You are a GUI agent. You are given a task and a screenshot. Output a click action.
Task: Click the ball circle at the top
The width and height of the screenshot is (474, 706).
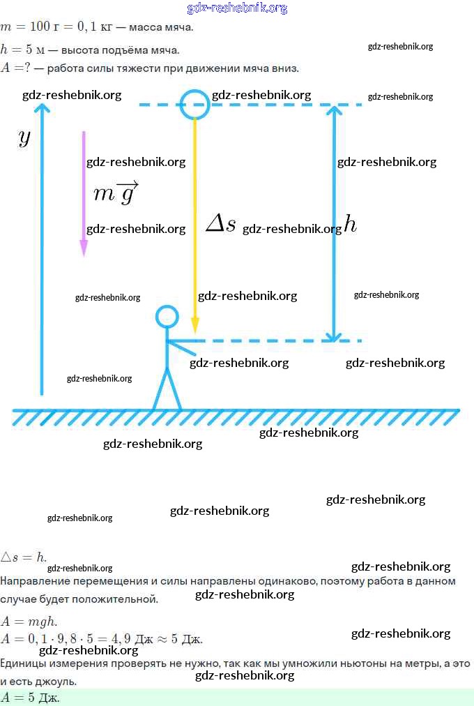pyautogui.click(x=181, y=105)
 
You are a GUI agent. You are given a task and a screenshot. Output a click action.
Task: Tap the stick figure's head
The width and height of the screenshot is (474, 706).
pyautogui.click(x=156, y=317)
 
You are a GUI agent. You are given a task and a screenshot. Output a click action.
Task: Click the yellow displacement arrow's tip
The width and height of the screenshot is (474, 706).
pyautogui.click(x=194, y=332)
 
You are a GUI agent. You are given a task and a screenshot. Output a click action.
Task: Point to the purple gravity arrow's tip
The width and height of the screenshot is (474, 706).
pyautogui.click(x=84, y=256)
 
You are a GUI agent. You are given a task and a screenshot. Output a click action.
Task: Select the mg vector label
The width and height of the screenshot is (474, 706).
pyautogui.click(x=116, y=193)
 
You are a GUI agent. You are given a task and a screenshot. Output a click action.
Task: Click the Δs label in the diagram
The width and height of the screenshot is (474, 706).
pyautogui.click(x=220, y=223)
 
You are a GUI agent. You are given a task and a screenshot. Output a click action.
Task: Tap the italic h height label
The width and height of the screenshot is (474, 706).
pyautogui.click(x=351, y=224)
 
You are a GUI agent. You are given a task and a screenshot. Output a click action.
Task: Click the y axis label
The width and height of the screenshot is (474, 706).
pyautogui.click(x=24, y=137)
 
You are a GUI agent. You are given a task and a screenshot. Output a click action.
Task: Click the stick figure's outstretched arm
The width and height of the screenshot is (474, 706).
pyautogui.click(x=182, y=347)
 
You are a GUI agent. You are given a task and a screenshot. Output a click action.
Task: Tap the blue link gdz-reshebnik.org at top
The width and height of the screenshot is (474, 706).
pyautogui.click(x=237, y=8)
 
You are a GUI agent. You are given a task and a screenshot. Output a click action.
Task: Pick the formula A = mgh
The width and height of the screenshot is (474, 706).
pyautogui.click(x=29, y=622)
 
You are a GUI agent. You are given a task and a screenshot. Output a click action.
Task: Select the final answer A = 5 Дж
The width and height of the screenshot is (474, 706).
pyautogui.click(x=30, y=698)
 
